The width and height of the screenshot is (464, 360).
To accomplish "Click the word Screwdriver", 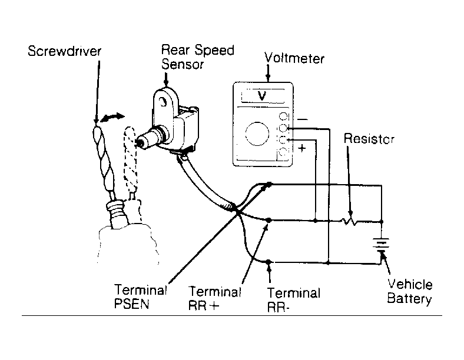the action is coord(65,51).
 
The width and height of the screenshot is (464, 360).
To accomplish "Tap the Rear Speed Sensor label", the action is coord(198,57).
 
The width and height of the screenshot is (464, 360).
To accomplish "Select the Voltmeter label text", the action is coord(294,58).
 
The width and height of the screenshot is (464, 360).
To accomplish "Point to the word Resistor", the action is coord(369,139).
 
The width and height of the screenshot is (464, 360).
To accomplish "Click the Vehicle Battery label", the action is coord(410,291).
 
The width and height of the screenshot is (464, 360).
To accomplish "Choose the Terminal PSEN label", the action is coord(141,296).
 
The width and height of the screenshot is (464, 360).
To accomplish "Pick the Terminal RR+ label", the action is coord(214,298).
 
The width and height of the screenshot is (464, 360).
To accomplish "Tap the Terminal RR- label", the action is coord(294,299).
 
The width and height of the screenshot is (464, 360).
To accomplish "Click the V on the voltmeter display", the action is coord(262,96).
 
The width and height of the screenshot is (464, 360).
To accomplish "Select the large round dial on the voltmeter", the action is coord(257,134).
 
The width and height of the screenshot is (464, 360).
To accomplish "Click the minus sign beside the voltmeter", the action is coord(302,119).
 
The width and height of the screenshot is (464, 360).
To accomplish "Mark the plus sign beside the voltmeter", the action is coord(302,148).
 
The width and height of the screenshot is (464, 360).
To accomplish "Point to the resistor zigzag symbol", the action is coord(350,221).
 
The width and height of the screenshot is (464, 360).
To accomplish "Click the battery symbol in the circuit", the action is coord(382,245).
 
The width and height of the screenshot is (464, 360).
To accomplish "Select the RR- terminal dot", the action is coord(269,262).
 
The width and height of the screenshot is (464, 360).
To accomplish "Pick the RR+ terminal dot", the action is coord(269,220).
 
